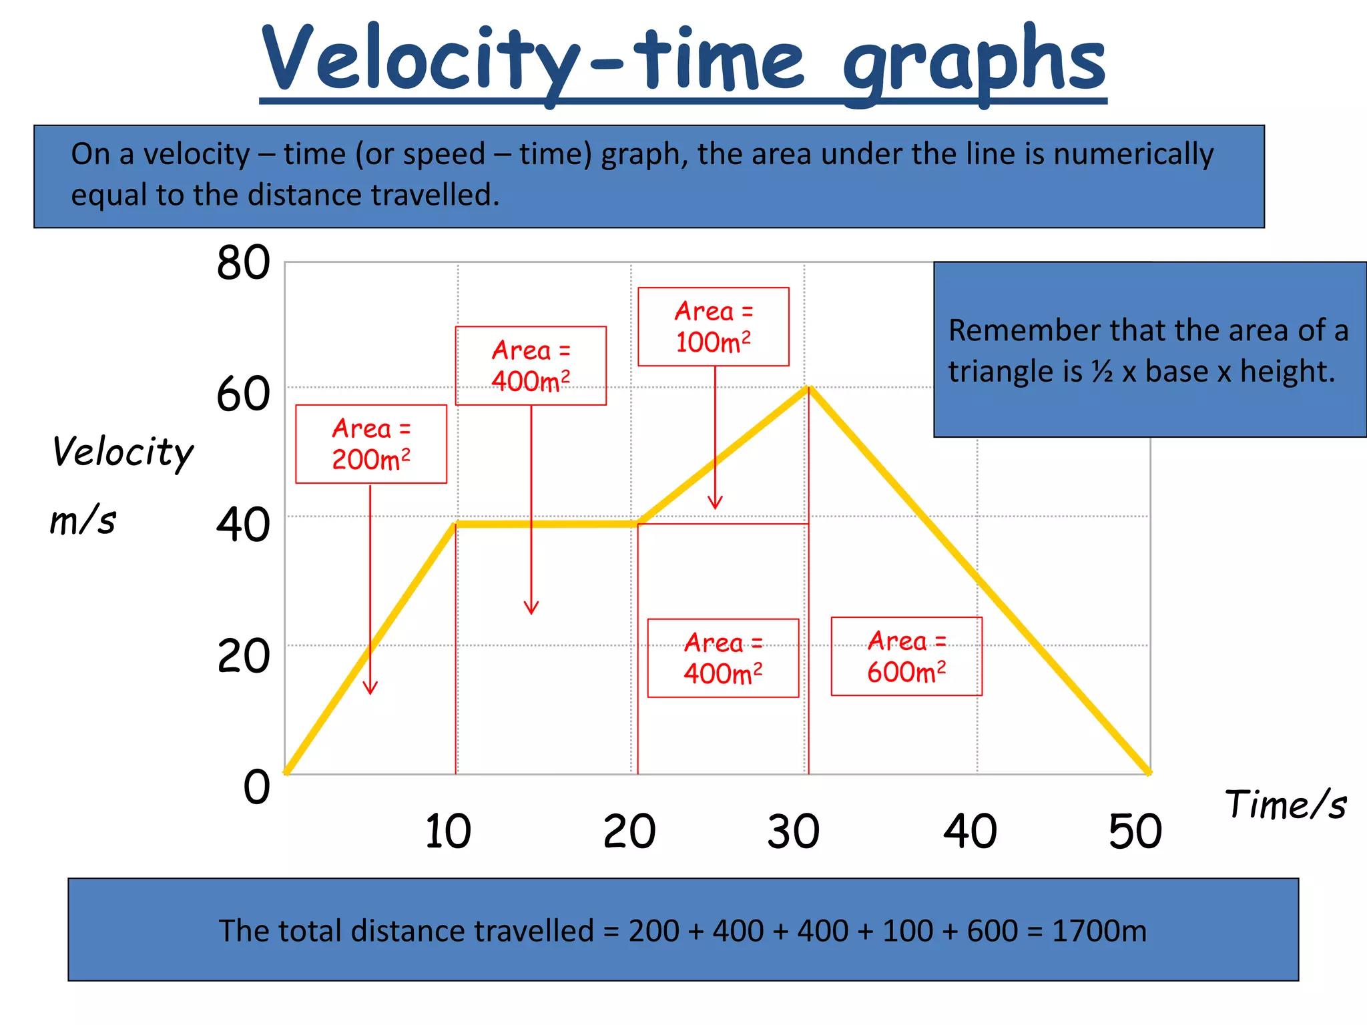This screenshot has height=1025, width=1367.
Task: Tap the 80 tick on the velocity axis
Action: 243,263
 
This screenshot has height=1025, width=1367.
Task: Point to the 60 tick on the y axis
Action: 243,394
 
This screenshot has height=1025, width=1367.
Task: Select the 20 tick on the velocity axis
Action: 243,656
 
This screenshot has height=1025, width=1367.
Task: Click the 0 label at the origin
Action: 256,787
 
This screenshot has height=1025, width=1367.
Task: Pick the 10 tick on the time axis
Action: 448,831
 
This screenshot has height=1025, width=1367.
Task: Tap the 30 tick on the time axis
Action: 793,831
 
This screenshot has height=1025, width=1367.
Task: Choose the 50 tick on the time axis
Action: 1135,831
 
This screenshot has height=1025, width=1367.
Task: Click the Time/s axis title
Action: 1285,804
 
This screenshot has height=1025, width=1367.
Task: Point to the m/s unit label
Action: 83,520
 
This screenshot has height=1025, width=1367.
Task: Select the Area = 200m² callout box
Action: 371,444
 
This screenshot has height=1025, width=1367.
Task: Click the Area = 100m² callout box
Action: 713,327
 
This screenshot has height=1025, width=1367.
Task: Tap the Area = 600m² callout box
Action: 906,657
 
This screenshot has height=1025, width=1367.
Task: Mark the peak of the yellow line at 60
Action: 808,388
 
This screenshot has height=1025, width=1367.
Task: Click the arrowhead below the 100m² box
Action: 715,504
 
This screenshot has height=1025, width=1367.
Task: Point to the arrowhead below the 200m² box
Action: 370,689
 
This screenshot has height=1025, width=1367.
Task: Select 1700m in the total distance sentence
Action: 1099,930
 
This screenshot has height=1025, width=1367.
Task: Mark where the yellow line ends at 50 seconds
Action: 1149,773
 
